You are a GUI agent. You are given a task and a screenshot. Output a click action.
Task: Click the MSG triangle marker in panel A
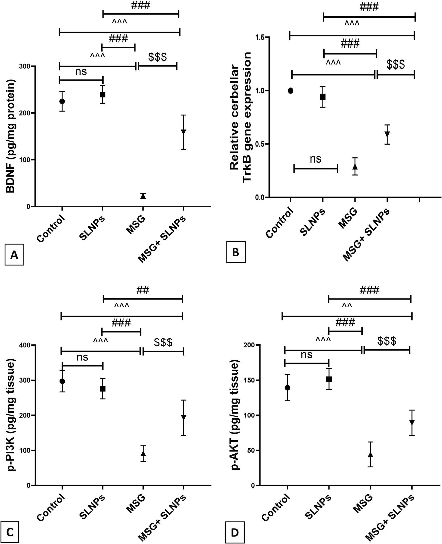143,196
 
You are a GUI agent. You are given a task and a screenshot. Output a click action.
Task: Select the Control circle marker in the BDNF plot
62,101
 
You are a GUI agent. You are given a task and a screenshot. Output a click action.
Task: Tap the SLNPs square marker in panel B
323,97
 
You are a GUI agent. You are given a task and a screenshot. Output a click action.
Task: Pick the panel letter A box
14,255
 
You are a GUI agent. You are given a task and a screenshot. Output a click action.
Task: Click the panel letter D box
234,532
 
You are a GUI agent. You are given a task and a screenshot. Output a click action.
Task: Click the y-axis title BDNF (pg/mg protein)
11,136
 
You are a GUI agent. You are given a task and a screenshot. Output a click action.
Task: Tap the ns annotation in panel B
316,159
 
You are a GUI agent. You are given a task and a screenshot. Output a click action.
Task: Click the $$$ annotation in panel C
163,343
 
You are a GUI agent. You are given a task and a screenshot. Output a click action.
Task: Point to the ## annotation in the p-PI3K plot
143,289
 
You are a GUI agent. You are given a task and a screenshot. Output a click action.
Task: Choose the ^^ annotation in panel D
347,305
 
